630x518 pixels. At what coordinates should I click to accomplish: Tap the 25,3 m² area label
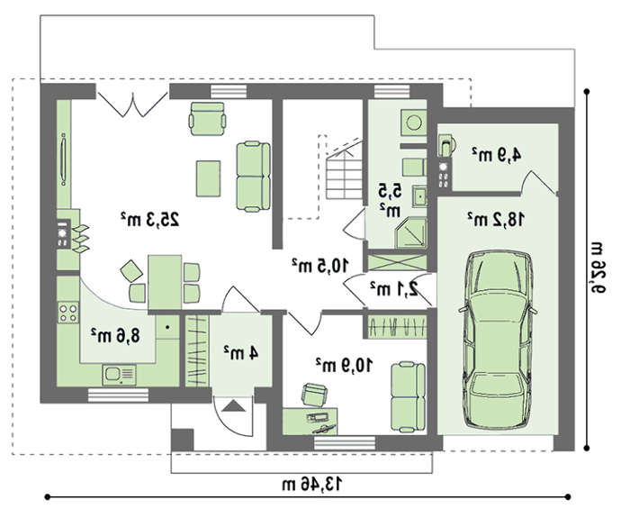tap(150, 219)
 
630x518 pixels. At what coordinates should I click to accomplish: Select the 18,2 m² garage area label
tap(497, 219)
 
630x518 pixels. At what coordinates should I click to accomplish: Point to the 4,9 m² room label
tap(497, 154)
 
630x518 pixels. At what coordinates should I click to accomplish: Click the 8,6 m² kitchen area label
tap(116, 335)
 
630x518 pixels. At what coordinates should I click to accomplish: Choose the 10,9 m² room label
tap(345, 365)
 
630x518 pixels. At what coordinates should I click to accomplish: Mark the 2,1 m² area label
tap(394, 289)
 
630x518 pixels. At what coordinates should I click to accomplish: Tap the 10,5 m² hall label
tap(320, 266)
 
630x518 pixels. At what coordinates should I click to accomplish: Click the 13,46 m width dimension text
tap(312, 484)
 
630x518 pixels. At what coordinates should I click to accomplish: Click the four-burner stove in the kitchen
tap(67, 313)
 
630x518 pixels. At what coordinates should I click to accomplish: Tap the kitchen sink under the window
tap(119, 375)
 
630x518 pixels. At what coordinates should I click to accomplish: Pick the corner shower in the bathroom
tap(411, 232)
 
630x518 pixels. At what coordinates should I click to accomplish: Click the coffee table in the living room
tap(208, 178)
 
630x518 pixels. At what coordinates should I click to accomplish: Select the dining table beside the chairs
tap(165, 282)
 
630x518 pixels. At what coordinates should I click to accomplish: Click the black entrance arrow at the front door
tap(233, 405)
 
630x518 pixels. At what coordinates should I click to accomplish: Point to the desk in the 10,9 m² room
tap(310, 421)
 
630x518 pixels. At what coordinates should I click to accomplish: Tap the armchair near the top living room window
tap(207, 119)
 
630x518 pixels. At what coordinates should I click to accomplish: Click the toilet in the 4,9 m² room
tap(446, 146)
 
